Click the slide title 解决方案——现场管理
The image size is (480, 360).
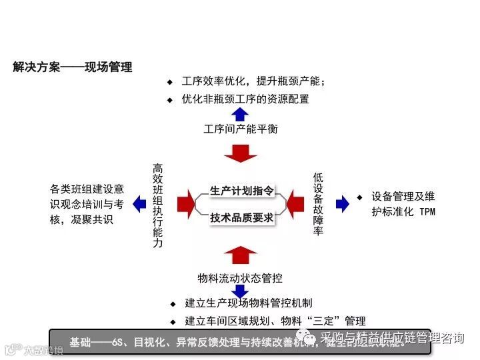coord(73,67)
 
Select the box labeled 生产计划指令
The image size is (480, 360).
coord(241,191)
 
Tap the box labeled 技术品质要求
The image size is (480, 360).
coord(241,217)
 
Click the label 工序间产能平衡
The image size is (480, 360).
coord(240,129)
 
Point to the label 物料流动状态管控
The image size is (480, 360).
coord(240,277)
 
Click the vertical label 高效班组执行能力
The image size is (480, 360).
coord(157,205)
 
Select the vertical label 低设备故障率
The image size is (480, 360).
coord(318,204)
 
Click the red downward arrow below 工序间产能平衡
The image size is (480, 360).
coord(240,153)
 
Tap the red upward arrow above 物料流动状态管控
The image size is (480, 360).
coord(240,254)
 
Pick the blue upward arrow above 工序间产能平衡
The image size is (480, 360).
coord(240,113)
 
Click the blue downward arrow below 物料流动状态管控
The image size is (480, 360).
coord(240,291)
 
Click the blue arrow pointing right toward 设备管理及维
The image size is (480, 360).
coord(342,204)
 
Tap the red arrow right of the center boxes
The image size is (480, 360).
coord(294,204)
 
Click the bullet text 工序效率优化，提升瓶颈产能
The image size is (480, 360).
coord(253,82)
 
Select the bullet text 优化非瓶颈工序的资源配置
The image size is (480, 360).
coord(245,99)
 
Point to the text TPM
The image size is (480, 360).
coord(427,211)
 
